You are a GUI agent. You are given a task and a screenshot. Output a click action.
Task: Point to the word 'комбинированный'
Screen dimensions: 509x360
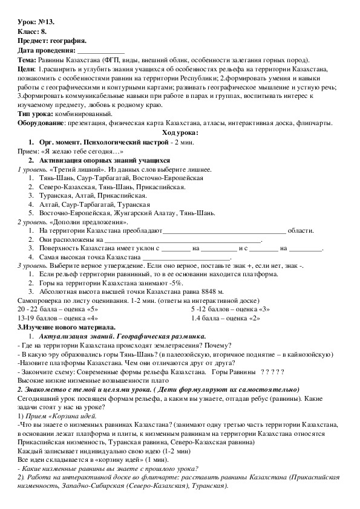pos(82,114)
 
